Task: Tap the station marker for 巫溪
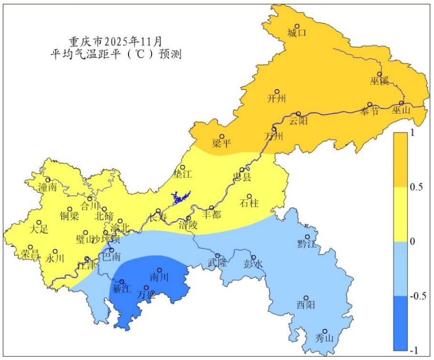tap(379, 74)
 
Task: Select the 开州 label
tap(276, 98)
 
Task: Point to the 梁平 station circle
tap(222, 137)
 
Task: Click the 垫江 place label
tap(183, 175)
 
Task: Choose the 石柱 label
tap(249, 204)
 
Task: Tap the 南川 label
tap(159, 277)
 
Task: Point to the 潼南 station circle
tap(48, 180)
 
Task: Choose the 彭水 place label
tap(252, 264)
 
